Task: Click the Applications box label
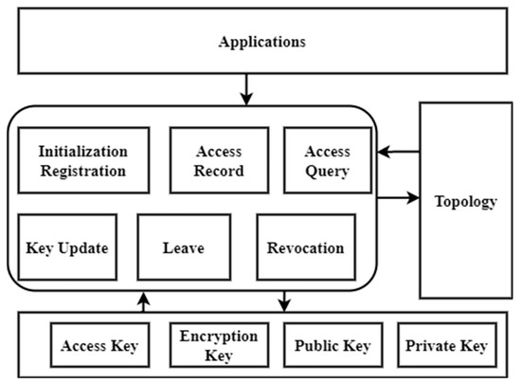[260, 43]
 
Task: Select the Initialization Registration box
[82, 161]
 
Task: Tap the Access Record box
[220, 161]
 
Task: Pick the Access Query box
[328, 161]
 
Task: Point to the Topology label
[464, 201]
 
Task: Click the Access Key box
[99, 346]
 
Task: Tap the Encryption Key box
[219, 346]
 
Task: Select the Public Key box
[332, 346]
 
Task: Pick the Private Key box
[445, 346]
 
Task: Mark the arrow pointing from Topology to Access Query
[398, 150]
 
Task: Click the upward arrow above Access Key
[143, 301]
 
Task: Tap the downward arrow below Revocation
[283, 301]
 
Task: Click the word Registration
[82, 172]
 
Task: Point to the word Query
[328, 172]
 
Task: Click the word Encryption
[219, 336]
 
